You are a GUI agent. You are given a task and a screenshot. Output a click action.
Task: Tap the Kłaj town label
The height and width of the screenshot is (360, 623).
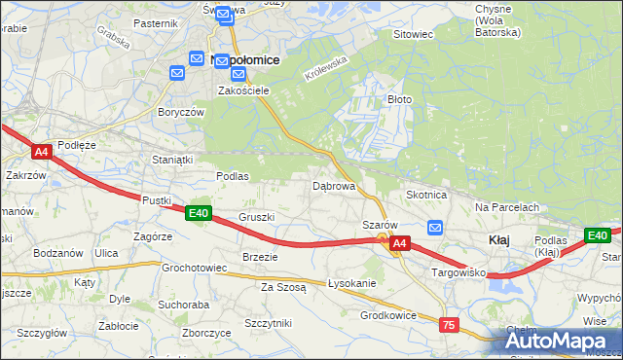[498, 240]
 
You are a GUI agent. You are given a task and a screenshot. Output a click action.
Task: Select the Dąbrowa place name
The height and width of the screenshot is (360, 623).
[333, 185]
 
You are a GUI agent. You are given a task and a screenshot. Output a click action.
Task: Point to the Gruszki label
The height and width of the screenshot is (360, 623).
[258, 217]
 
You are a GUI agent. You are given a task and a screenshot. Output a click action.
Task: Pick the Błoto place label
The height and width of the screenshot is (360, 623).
[400, 99]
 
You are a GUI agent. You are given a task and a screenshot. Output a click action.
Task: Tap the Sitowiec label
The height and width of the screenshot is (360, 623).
[412, 34]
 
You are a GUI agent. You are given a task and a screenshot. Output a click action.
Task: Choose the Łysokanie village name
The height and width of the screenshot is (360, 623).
[351, 283]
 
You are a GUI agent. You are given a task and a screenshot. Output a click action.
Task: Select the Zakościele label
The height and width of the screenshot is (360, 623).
[242, 90]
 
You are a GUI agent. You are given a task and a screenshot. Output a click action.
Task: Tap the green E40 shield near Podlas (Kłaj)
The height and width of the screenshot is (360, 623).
[597, 235]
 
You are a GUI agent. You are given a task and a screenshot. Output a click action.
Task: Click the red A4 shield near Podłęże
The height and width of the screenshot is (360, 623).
[41, 152]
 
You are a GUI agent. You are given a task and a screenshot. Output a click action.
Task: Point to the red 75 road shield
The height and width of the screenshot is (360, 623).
[449, 325]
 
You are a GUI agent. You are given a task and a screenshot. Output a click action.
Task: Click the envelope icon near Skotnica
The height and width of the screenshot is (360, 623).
[435, 228]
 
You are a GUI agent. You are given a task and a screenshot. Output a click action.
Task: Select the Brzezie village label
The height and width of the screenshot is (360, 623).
[260, 257]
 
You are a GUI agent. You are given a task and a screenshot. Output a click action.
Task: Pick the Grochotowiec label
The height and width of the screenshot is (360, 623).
[194, 268]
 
